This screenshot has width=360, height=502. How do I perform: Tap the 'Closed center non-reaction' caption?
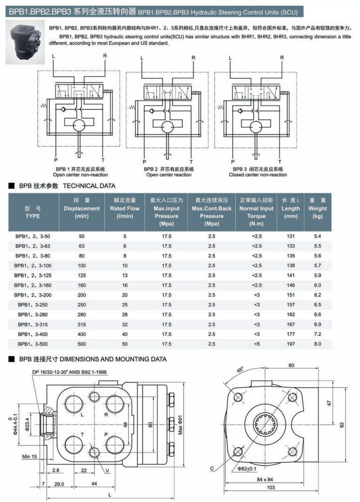[257, 175]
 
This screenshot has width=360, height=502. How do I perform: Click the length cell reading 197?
[291, 344]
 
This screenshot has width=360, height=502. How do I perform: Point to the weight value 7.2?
[318, 334]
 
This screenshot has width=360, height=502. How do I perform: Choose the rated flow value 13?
[125, 275]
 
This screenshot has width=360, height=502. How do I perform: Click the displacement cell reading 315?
[81, 325]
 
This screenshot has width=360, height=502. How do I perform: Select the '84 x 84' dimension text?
[265, 479]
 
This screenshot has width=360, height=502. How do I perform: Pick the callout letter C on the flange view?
[213, 468]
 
